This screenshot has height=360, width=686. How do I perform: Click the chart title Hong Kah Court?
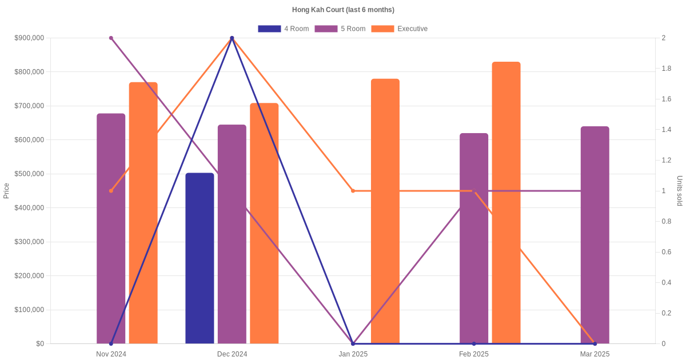pyautogui.click(x=343, y=10)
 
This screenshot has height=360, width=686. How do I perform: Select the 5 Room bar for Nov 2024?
pyautogui.click(x=111, y=229)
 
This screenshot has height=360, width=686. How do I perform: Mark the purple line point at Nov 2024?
pyautogui.click(x=111, y=38)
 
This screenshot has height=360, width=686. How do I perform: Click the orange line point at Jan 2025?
pyautogui.click(x=353, y=191)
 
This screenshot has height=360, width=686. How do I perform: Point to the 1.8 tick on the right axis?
pyautogui.click(x=667, y=69)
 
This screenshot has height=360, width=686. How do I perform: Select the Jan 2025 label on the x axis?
pyautogui.click(x=353, y=354)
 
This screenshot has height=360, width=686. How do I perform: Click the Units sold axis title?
pyautogui.click(x=679, y=191)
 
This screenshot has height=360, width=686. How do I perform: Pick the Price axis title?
pyautogui.click(x=6, y=191)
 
